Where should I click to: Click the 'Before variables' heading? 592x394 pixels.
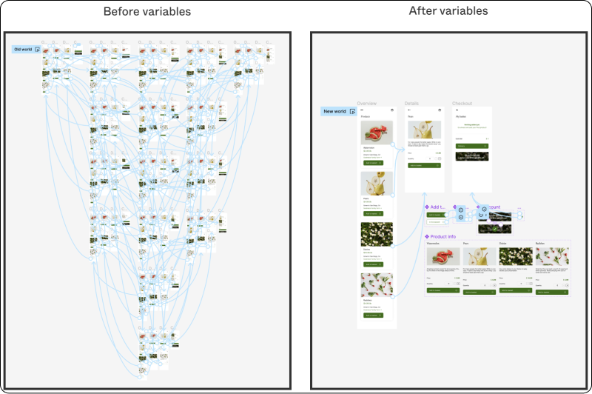pos(147,12)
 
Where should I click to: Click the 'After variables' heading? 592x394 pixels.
pos(448,11)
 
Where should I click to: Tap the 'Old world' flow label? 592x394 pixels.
pos(23,50)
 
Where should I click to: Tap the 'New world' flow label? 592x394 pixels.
pos(334,112)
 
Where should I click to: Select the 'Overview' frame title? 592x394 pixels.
pos(367,104)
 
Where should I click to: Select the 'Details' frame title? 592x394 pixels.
pos(411,104)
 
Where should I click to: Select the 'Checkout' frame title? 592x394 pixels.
pos(462,104)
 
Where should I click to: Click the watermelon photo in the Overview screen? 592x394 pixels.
pos(377,133)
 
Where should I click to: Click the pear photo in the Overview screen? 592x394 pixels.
pos(377,183)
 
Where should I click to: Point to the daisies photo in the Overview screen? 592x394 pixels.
pos(377,234)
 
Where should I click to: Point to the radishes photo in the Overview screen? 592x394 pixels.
pos(377,285)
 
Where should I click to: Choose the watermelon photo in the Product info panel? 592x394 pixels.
pos(443,256)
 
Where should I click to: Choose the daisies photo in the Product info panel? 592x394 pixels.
pos(515,256)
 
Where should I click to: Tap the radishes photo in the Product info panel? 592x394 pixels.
pos(551,256)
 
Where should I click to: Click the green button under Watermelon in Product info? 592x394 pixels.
pos(443,291)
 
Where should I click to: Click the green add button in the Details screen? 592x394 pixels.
pos(424,165)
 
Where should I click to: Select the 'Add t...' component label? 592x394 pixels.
pos(437,207)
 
